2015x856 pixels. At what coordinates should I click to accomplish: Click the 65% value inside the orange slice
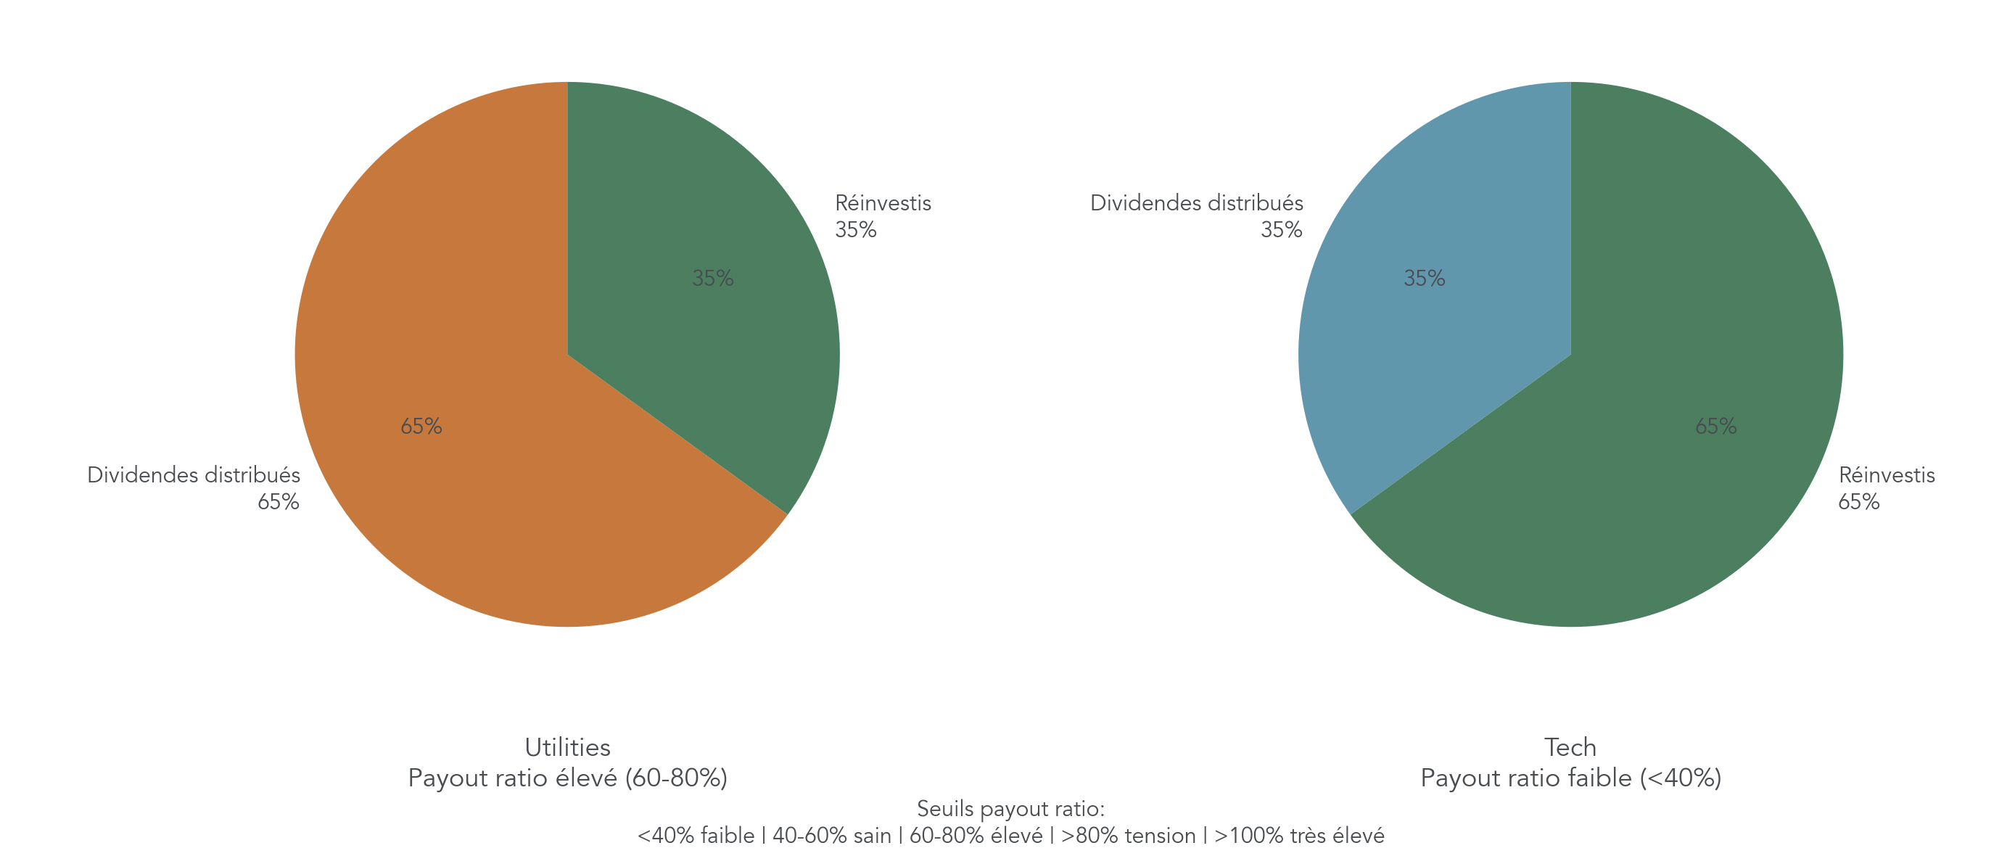tap(421, 427)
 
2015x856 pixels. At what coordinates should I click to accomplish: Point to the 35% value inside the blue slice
tap(1424, 279)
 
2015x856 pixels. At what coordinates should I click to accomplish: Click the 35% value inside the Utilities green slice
tap(712, 279)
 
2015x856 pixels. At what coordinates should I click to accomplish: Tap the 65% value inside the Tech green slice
tap(1715, 427)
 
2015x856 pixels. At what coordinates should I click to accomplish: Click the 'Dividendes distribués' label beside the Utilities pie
tap(193, 476)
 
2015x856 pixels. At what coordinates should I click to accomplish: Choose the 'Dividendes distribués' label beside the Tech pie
tap(1196, 203)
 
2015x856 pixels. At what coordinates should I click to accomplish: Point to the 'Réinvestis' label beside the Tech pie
tap(1886, 476)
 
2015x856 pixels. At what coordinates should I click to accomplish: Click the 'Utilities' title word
tap(567, 747)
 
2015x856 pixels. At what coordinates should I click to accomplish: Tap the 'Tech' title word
tap(1570, 747)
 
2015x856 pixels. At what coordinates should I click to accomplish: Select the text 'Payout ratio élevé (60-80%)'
tap(567, 778)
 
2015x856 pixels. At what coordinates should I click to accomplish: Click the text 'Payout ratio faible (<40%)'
tap(1570, 778)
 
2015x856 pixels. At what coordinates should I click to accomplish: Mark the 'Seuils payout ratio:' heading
tap(1010, 808)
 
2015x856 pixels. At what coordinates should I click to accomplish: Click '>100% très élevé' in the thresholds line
tap(1298, 836)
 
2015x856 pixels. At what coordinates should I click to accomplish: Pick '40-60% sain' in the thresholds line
tap(831, 836)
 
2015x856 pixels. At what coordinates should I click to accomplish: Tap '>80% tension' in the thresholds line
tap(1128, 836)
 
